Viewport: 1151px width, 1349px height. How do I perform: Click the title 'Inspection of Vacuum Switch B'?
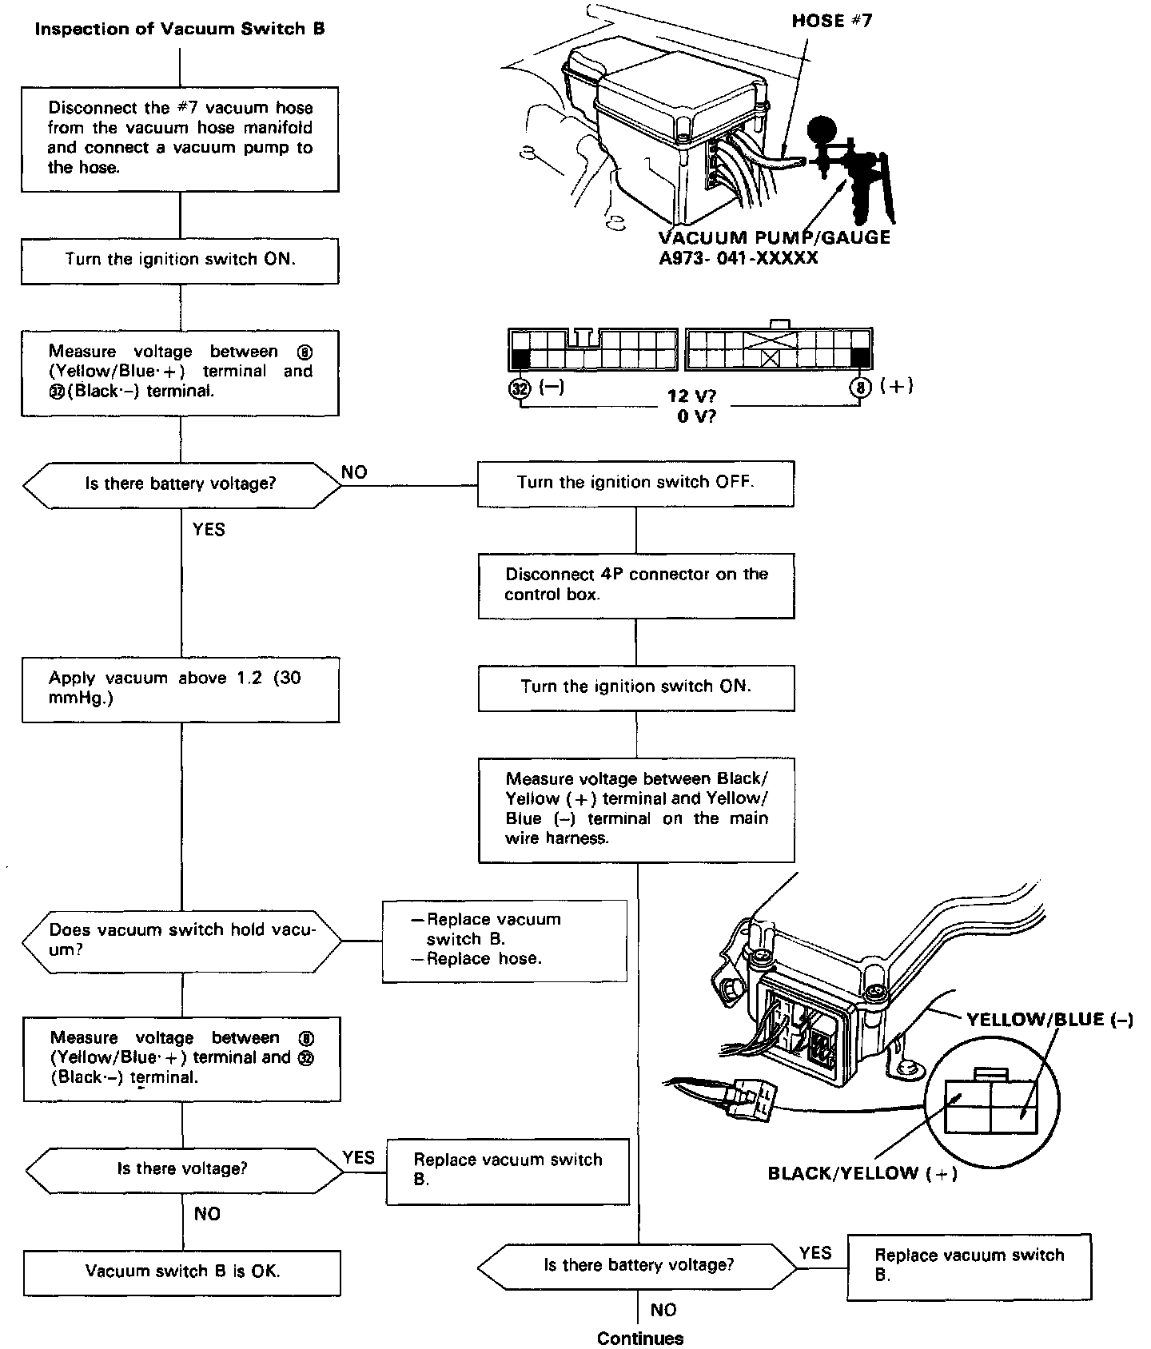click(180, 30)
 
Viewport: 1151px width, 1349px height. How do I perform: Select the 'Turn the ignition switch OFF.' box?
click(635, 483)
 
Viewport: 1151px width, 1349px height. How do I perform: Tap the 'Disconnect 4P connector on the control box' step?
click(636, 585)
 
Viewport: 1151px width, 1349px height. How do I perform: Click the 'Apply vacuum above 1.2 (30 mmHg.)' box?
click(180, 688)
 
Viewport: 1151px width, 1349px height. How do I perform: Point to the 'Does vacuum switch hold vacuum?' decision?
click(181, 940)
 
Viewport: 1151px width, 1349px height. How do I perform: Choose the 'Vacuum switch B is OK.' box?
click(182, 1271)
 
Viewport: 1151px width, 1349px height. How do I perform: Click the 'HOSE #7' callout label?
click(831, 21)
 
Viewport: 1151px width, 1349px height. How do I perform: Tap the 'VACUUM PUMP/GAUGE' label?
click(774, 237)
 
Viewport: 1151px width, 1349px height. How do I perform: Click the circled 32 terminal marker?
click(520, 389)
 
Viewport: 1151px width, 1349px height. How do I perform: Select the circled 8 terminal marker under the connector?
click(860, 388)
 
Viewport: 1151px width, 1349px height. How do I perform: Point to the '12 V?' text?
click(691, 396)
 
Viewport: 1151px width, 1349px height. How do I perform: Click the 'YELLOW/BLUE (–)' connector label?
click(1049, 1019)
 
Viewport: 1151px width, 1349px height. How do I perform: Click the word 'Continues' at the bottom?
click(640, 1338)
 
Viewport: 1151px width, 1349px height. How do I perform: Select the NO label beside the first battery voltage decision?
click(354, 472)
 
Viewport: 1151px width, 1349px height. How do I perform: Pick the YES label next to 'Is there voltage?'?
click(358, 1157)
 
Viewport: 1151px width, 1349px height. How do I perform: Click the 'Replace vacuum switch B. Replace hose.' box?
click(504, 940)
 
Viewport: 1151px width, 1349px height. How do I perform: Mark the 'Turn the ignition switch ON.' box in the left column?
click(180, 260)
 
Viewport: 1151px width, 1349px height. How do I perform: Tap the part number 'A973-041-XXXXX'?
click(738, 258)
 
